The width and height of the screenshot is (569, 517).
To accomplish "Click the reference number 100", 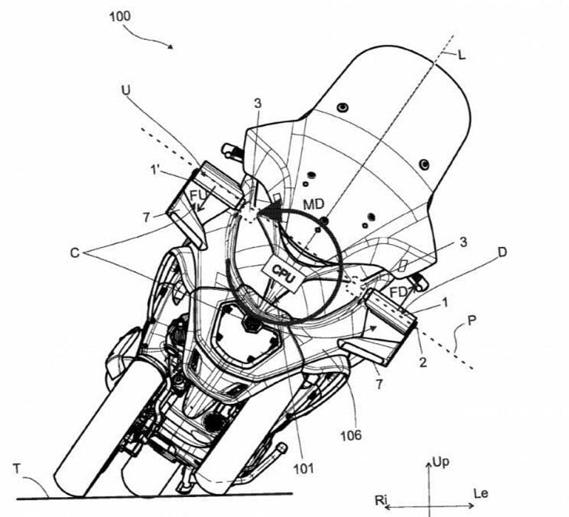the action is (x=119, y=16).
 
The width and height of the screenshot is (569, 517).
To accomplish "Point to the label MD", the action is (x=314, y=204).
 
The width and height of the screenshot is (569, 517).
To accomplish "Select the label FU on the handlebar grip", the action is (x=198, y=196).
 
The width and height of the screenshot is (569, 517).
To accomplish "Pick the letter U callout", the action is (x=126, y=90).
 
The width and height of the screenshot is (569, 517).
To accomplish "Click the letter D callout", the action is (x=502, y=252).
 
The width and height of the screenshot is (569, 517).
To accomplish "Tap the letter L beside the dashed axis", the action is (x=462, y=55).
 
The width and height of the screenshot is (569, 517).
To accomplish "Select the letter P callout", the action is (x=472, y=321).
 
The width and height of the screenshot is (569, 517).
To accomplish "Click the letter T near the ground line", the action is (x=17, y=469).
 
